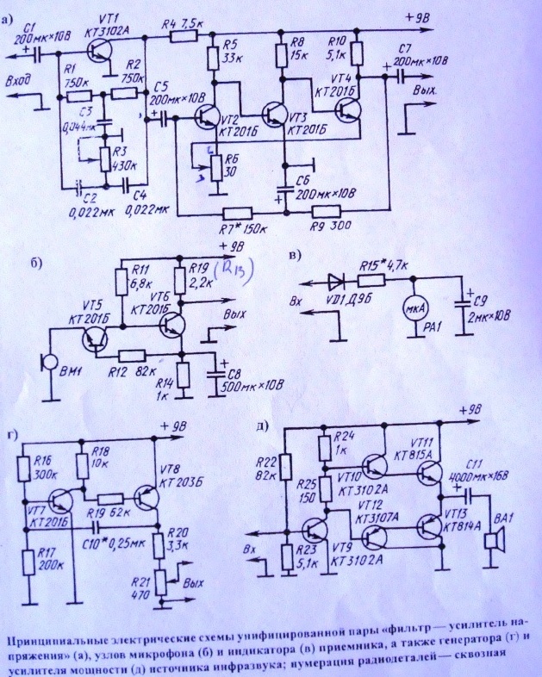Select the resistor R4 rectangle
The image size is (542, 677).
[183, 37]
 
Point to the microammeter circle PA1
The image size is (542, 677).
[413, 309]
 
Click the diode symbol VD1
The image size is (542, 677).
[337, 280]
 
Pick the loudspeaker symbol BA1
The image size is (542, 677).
[494, 543]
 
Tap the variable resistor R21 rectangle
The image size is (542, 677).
[159, 582]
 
